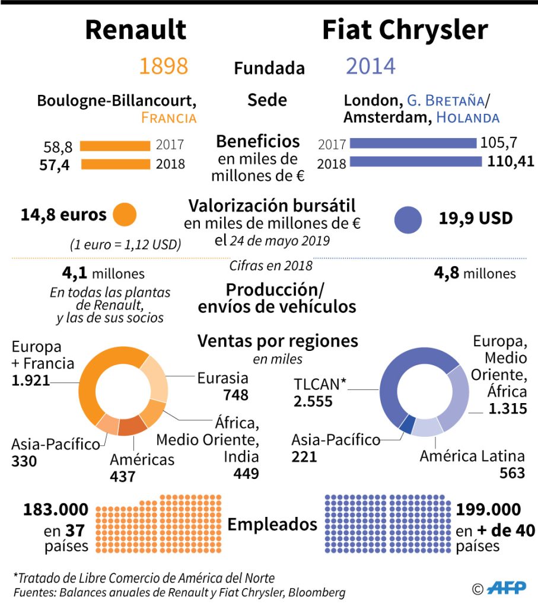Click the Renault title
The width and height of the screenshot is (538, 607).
[x=136, y=30]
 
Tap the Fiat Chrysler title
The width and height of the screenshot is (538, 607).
[x=405, y=30]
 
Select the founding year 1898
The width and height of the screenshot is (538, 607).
[x=163, y=66]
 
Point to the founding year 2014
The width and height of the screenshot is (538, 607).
[x=370, y=66]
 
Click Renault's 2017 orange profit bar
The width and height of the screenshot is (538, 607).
[x=115, y=146]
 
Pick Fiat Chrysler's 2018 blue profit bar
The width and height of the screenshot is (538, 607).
[x=415, y=162]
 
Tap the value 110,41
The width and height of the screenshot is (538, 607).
[x=510, y=161]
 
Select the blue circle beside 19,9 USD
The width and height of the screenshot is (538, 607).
[x=408, y=219]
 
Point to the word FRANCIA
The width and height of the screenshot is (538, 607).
[x=168, y=117]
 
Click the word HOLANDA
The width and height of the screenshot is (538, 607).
[x=467, y=117]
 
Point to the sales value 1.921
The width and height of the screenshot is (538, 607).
[x=31, y=380]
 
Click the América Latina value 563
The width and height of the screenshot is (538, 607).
[x=511, y=472]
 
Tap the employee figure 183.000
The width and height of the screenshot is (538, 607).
[x=56, y=509]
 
